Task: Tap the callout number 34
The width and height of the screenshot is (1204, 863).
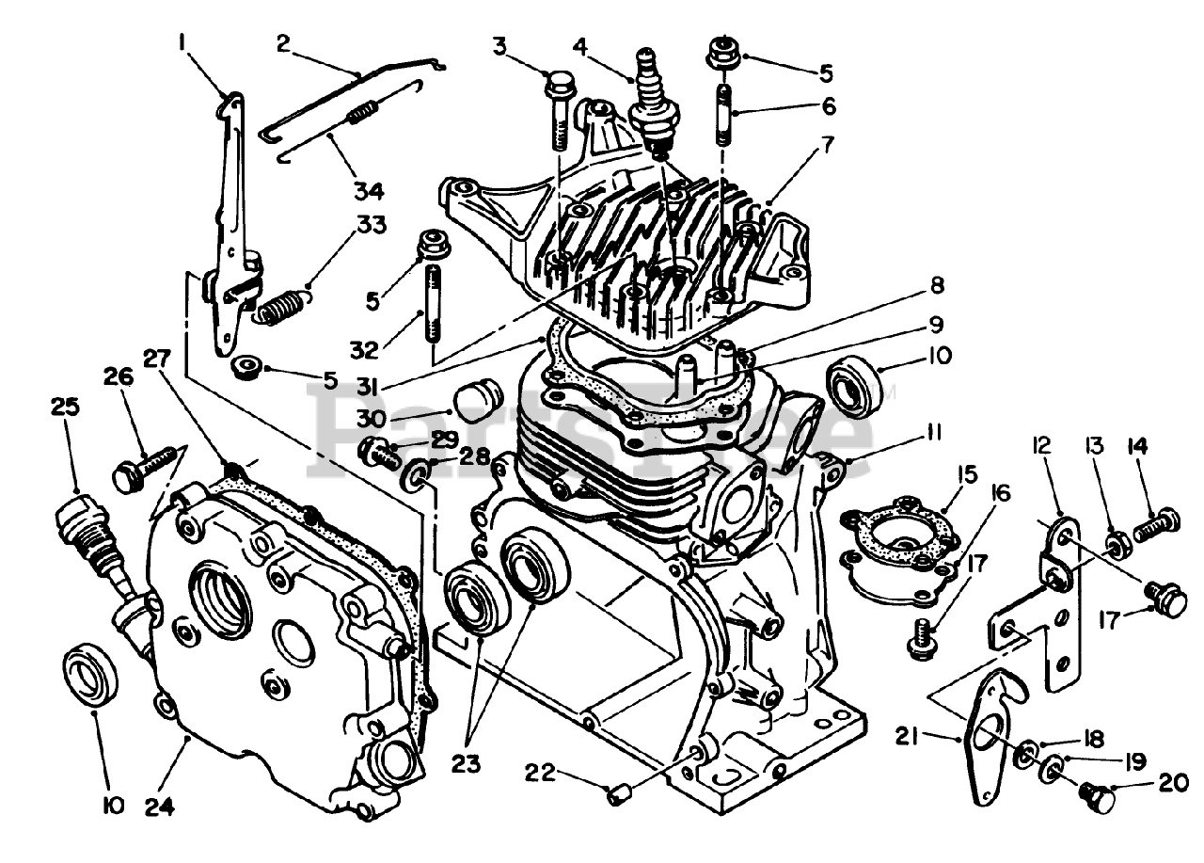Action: [x=368, y=191]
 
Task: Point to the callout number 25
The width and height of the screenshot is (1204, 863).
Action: [x=67, y=408]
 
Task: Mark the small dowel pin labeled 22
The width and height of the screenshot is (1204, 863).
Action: [x=618, y=796]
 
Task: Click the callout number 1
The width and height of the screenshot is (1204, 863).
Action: [x=182, y=42]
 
